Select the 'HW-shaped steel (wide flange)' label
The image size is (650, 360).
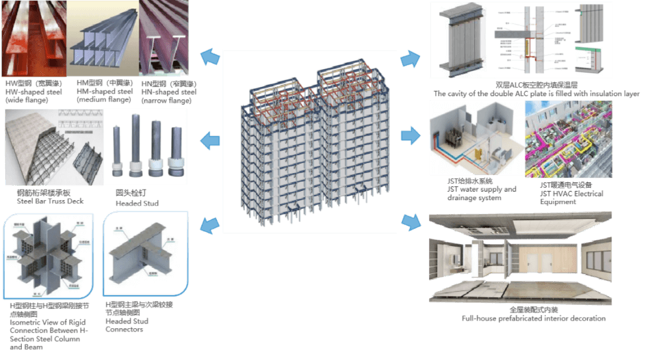pyautogui.click(x=33, y=92)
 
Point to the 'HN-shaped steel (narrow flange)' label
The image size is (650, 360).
pyautogui.click(x=166, y=92)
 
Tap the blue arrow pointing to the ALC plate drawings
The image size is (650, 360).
pyautogui.click(x=411, y=59)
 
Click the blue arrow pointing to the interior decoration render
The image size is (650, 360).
pyautogui.click(x=411, y=221)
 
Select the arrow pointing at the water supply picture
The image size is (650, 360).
pyautogui.click(x=411, y=137)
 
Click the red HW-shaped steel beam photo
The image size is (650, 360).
pyautogui.click(x=33, y=40)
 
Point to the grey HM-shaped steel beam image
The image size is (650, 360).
pyautogui.click(x=102, y=40)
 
